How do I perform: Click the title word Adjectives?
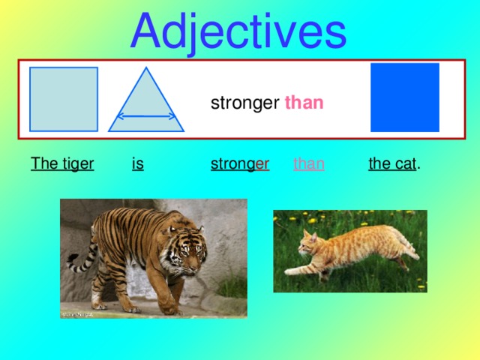coord(238,31)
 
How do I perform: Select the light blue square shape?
coord(64,99)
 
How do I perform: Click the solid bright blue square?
coord(405,97)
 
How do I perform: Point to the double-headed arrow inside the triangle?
coord(146,117)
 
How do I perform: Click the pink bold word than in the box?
coord(304,103)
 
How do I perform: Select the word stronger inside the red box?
coord(244,103)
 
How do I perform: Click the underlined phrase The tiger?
coord(62,163)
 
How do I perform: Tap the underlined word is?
coord(137,163)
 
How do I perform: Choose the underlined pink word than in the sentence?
coord(308,163)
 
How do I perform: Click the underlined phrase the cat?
coord(392,163)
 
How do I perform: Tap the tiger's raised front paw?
coord(169,306)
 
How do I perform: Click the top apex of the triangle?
coord(146,70)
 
